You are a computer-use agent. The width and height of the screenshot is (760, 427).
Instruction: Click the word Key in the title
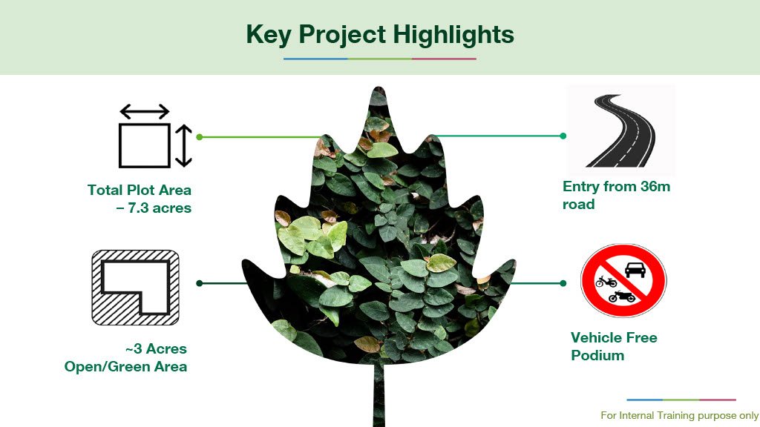pyautogui.click(x=269, y=35)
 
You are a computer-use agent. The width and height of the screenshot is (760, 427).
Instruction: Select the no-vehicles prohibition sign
pyautogui.click(x=623, y=280)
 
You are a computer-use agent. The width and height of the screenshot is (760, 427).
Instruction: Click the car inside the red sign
pyautogui.click(x=635, y=270)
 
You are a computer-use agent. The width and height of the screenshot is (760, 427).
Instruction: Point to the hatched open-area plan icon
pyautogui.click(x=135, y=288)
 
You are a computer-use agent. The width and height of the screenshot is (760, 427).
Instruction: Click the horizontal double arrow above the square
pyautogui.click(x=145, y=112)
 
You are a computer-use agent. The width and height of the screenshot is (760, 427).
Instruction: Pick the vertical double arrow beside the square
pyautogui.click(x=183, y=146)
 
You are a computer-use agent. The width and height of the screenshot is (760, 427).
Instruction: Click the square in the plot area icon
pyautogui.click(x=145, y=146)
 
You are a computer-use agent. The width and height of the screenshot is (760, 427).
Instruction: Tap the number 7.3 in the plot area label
pyautogui.click(x=138, y=208)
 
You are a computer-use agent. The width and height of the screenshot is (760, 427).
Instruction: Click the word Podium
pyautogui.click(x=597, y=355)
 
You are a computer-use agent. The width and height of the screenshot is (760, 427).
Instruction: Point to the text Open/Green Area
pyautogui.click(x=125, y=366)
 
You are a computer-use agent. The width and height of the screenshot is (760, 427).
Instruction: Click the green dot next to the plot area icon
pyautogui.click(x=199, y=137)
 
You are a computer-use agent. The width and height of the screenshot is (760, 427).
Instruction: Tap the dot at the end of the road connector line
pyautogui.click(x=563, y=136)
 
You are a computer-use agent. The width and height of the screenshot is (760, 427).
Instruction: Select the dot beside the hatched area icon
pyautogui.click(x=199, y=283)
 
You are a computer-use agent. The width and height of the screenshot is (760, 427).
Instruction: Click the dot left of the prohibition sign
pyautogui.click(x=563, y=283)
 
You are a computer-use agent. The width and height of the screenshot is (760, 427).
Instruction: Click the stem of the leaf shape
pyautogui.click(x=379, y=394)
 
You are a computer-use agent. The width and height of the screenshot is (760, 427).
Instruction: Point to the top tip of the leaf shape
pyautogui.click(x=379, y=87)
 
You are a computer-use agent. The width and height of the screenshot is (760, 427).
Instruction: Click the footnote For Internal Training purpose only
pyautogui.click(x=680, y=415)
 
